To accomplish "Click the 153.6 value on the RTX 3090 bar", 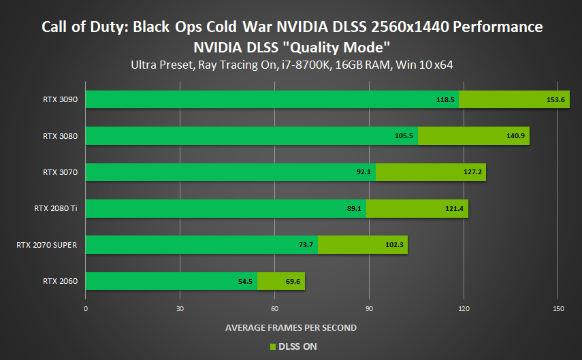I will (x=556, y=99).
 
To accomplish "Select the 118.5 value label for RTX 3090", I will (x=445, y=99).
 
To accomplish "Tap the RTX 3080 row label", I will (x=60, y=136).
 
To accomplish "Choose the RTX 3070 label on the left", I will (x=60, y=172).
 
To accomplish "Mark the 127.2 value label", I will (x=472, y=172).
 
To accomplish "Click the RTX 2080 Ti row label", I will (x=56, y=208).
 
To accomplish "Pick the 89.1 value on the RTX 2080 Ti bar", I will (x=354, y=208).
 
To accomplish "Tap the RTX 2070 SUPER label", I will (x=46, y=244).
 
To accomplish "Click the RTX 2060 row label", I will (x=60, y=280).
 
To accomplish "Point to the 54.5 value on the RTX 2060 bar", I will (x=245, y=280).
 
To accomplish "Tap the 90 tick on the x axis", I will (x=369, y=309).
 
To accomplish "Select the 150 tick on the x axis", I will (x=558, y=309).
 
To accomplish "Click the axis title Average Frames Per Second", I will (x=291, y=327).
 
